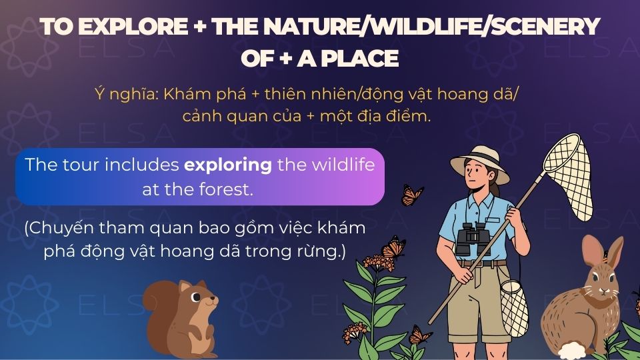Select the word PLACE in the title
click(359, 59)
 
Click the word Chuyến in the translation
click(60, 229)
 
